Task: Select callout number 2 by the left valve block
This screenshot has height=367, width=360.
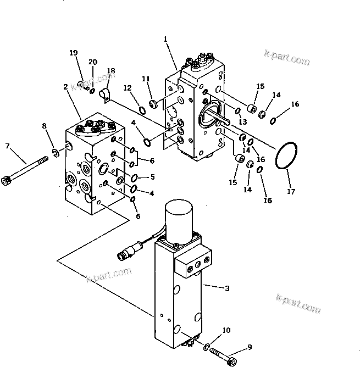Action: pyautogui.click(x=65, y=87)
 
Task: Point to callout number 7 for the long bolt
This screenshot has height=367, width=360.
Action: pyautogui.click(x=7, y=146)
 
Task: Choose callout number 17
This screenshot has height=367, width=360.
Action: pyautogui.click(x=291, y=192)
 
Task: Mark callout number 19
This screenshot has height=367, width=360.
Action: pyautogui.click(x=74, y=53)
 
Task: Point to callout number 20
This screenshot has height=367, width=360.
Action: pyautogui.click(x=92, y=62)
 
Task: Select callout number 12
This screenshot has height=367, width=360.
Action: pyautogui.click(x=127, y=88)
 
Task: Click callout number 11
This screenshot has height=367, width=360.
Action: pyautogui.click(x=146, y=79)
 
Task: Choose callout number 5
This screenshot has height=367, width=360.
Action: pyautogui.click(x=152, y=177)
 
